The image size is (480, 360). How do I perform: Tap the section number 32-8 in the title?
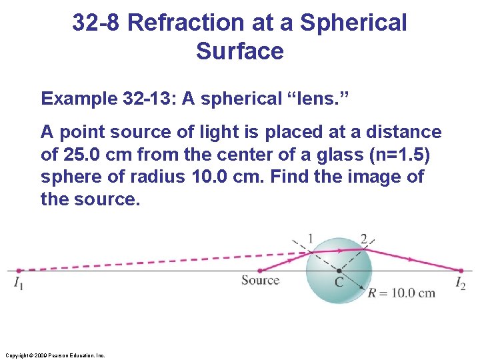coord(96,23)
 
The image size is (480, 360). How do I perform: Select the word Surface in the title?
coord(240,51)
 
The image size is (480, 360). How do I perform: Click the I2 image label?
coord(461,284)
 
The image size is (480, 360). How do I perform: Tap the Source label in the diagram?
coord(261,281)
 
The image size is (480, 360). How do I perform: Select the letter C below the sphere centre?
coord(339,283)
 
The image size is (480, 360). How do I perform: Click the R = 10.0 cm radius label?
coord(401,293)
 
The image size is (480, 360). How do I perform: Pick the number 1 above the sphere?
coord(311,238)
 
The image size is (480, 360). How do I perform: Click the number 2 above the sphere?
coord(363,238)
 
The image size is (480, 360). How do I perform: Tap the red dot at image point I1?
coord(19,271)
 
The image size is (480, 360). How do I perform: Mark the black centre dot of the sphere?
coord(339,271)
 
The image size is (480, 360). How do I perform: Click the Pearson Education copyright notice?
coord(54,355)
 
